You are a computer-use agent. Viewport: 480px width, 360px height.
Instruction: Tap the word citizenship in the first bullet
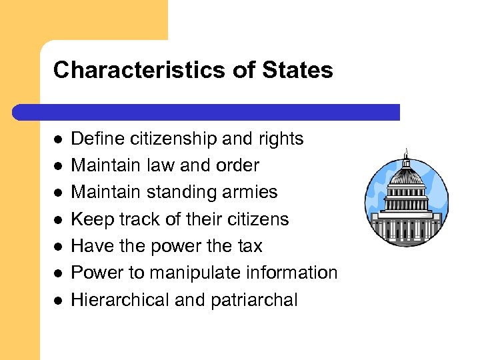[x=169, y=139]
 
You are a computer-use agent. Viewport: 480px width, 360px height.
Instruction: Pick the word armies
[x=253, y=192]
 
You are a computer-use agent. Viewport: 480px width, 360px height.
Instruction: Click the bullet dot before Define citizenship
[x=58, y=140]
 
